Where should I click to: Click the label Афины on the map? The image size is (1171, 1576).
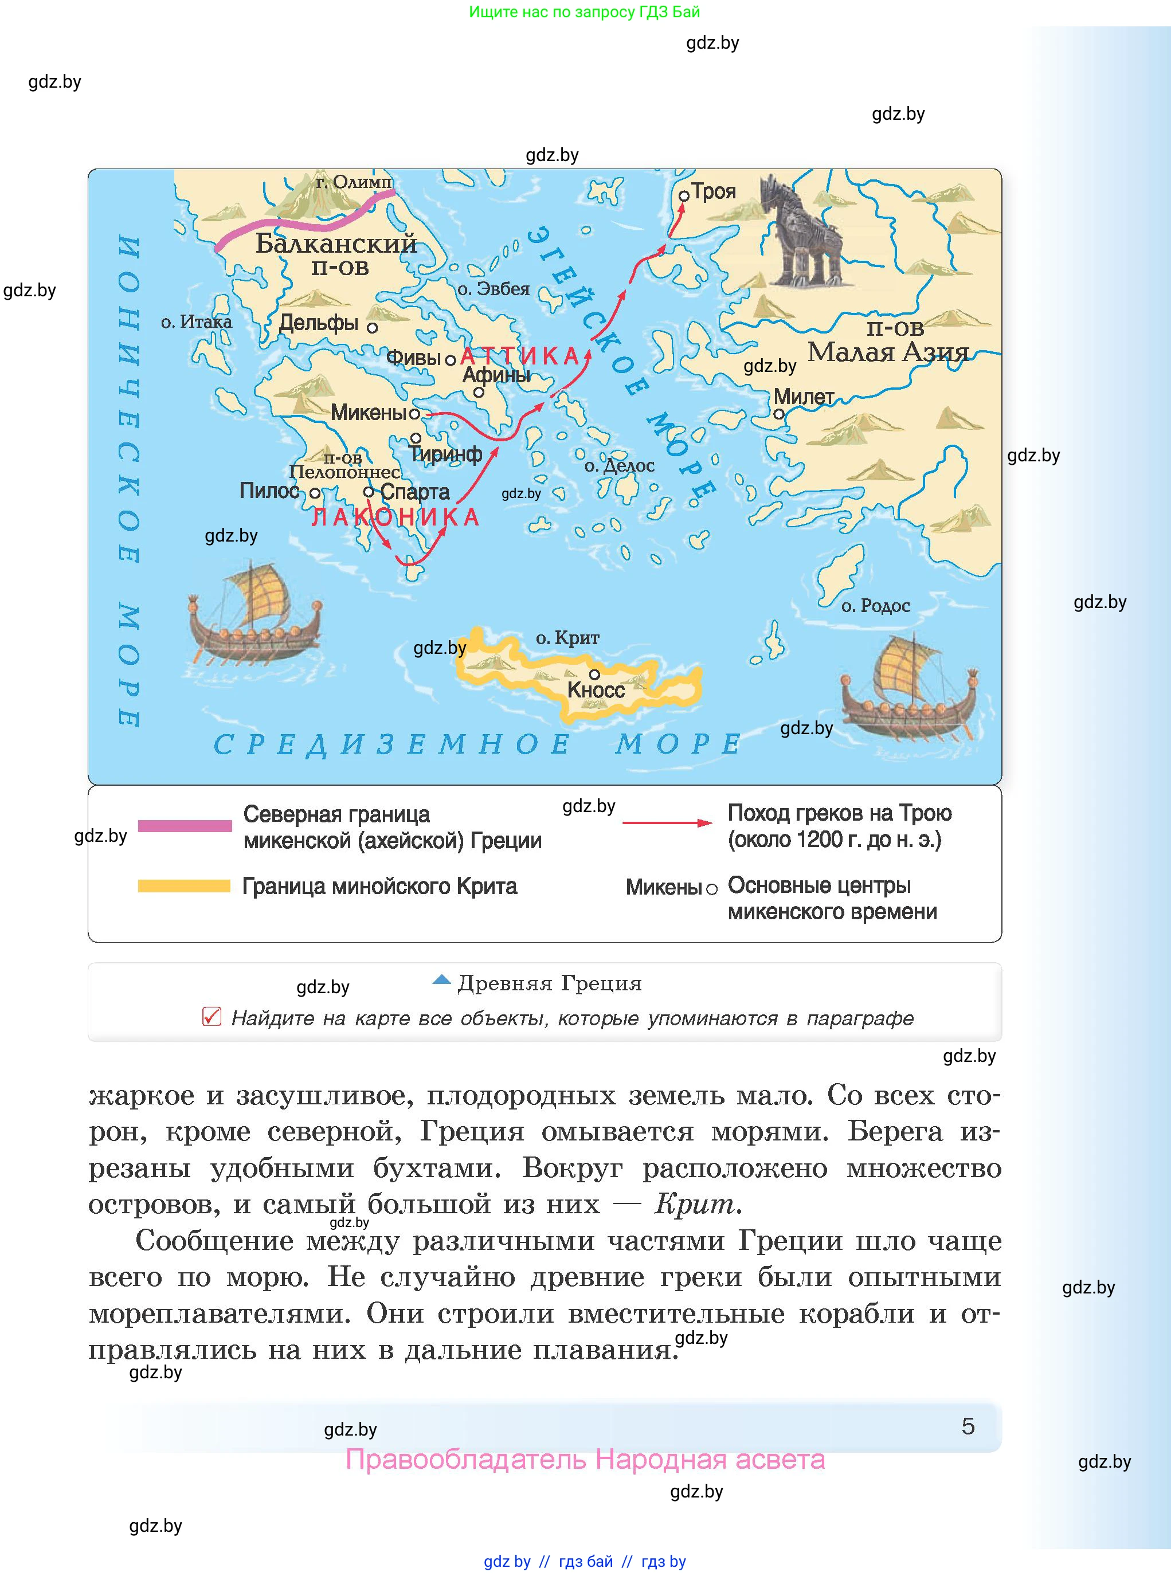(x=496, y=375)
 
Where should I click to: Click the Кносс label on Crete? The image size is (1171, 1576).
(x=596, y=689)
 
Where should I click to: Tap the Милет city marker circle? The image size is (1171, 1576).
(x=779, y=414)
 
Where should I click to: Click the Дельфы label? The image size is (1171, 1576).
(x=318, y=323)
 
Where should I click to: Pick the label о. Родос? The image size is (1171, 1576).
(x=875, y=606)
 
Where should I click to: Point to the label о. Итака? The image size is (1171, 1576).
(x=197, y=322)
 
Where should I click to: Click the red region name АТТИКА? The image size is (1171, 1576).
(x=521, y=356)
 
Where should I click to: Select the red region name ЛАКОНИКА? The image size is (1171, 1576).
(x=395, y=518)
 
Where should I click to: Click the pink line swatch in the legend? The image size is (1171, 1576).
(x=185, y=826)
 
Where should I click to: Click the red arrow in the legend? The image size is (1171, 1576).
(x=666, y=823)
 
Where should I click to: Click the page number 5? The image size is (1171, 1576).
(x=968, y=1426)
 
